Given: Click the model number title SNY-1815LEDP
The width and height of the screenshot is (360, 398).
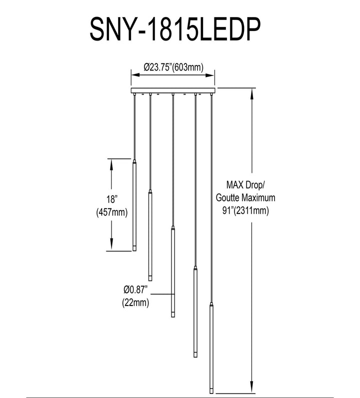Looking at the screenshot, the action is tap(175, 29).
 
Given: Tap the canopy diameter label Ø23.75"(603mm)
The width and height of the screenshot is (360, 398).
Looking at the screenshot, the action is tap(173, 67).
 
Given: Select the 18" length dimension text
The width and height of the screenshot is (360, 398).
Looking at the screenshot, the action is tap(111, 199).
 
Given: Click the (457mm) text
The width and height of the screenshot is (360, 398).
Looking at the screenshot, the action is tap(111, 212).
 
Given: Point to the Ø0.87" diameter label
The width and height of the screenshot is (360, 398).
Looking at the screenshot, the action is tap(135, 289).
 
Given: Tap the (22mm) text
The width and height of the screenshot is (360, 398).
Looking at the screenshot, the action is tap(135, 302).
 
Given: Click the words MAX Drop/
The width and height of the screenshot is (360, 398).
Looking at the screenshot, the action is tap(245, 185).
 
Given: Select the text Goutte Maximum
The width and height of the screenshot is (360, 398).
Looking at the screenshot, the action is tap(245, 197).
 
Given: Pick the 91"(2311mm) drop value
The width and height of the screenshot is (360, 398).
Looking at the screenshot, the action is tap(245, 210).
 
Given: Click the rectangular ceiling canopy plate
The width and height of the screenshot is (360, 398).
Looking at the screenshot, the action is tap(173, 90).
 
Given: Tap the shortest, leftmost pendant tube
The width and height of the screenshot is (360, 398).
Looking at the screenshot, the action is tap(134, 205).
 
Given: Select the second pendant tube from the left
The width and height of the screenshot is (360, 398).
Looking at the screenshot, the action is tap(150, 236).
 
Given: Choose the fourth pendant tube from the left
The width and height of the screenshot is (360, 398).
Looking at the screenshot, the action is tap(195, 312).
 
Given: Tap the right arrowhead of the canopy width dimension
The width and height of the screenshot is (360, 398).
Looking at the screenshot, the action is tap(210, 75).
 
